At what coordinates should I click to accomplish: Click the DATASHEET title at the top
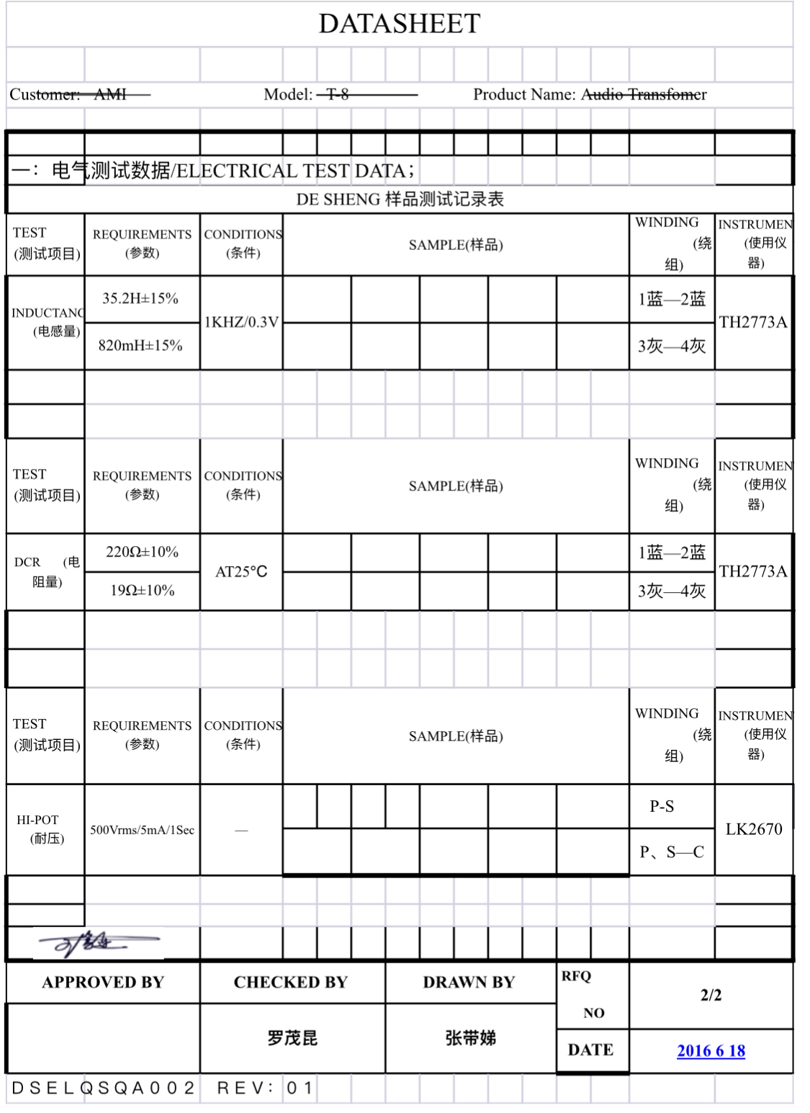point(400,24)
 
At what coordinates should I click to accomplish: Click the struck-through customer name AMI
point(110,94)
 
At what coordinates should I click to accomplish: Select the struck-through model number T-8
point(338,94)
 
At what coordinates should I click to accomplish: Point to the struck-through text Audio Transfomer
point(644,94)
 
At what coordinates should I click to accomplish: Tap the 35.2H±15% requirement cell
point(140,298)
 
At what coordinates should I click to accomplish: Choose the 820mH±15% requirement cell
point(140,346)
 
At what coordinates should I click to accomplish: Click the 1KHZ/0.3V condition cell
point(241,322)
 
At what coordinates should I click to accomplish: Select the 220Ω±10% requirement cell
point(142,552)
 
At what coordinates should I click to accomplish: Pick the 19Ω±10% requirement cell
point(142,591)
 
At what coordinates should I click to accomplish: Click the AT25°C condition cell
point(241,572)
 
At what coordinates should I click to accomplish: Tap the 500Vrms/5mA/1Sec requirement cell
point(142,830)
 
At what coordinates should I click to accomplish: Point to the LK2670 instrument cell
point(753,829)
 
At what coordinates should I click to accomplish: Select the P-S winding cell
point(662,806)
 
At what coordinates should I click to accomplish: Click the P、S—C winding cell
point(672,852)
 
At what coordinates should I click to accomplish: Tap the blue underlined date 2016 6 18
point(711,1051)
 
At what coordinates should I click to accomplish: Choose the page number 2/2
point(711,995)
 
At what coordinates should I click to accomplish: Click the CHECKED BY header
point(291,983)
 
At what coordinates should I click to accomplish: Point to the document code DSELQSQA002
point(104,1088)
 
